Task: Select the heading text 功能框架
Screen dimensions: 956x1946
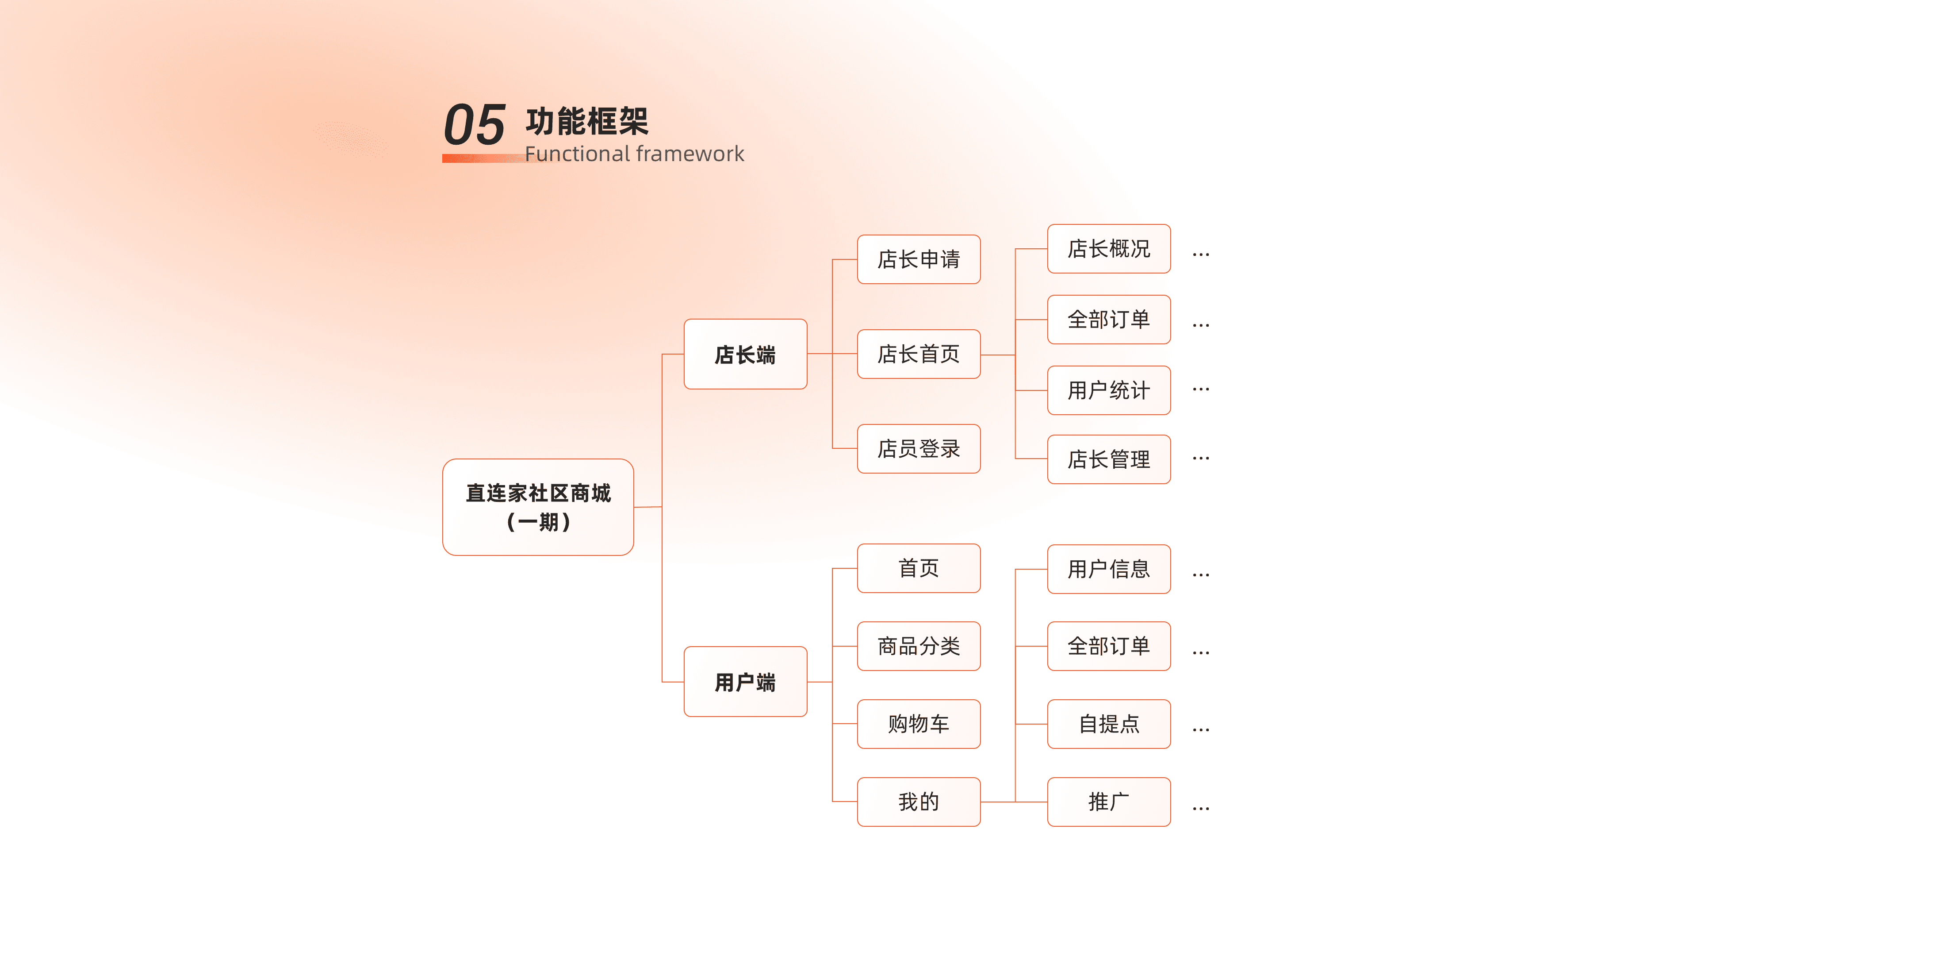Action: (x=587, y=121)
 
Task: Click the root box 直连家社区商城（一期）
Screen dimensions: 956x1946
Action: (x=538, y=507)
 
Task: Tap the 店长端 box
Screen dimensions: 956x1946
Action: (x=745, y=355)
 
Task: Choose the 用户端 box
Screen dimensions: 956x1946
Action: (x=745, y=682)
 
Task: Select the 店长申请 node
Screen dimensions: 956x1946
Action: (x=919, y=259)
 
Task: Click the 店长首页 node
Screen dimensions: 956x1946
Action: (x=919, y=354)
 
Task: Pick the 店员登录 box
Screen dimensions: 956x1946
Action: (x=919, y=449)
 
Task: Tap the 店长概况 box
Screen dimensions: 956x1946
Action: (x=1108, y=249)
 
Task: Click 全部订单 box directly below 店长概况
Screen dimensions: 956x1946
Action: (x=1108, y=320)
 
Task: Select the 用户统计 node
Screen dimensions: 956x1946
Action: (x=1108, y=390)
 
